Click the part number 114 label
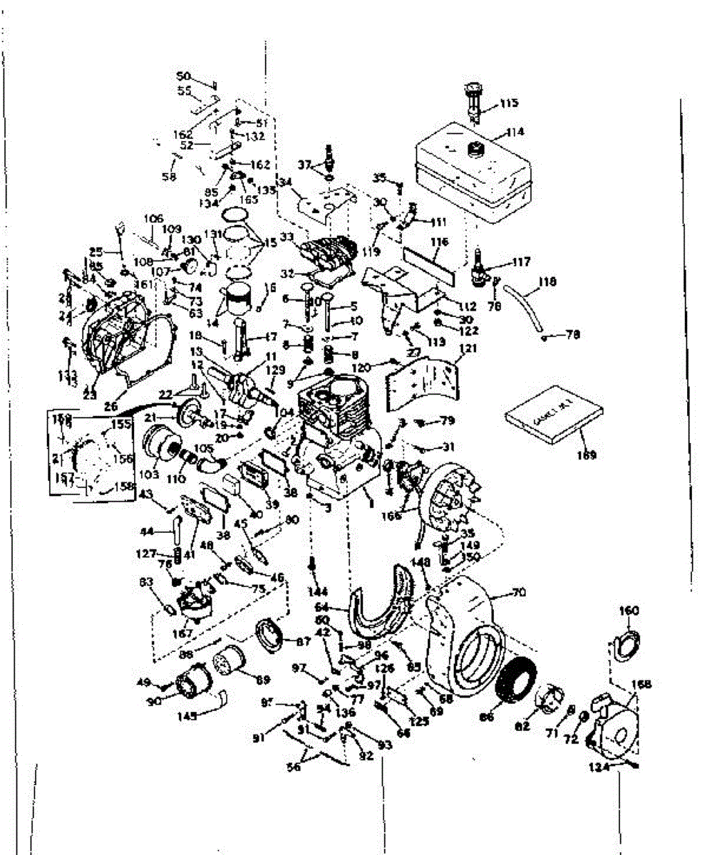click(515, 132)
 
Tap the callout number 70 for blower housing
click(517, 591)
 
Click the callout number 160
click(629, 610)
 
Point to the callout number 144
click(318, 592)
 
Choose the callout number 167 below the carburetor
click(182, 633)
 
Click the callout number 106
click(154, 218)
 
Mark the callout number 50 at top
click(184, 76)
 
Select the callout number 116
click(439, 243)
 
